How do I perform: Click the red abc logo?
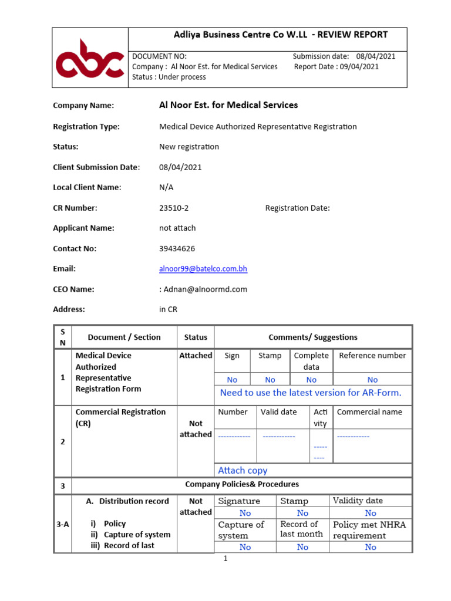tap(90, 58)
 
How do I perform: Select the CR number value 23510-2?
tap(174, 208)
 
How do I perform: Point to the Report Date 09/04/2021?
tap(336, 66)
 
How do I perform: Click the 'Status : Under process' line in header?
tap(169, 77)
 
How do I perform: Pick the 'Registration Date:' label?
tap(297, 208)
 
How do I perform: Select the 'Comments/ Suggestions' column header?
tap(312, 337)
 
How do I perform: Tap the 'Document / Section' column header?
tap(124, 337)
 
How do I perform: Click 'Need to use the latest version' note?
tap(311, 393)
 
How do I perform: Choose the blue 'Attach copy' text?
tap(243, 470)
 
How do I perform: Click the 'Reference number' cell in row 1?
tap(372, 356)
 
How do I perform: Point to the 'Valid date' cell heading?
tap(279, 412)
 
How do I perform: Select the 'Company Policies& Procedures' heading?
tap(242, 484)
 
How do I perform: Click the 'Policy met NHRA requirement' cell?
tap(369, 529)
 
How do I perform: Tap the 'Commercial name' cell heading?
tap(369, 412)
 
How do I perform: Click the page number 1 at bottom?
tap(224, 559)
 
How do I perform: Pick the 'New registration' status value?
tap(189, 147)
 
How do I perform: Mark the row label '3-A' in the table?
tap(62, 524)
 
